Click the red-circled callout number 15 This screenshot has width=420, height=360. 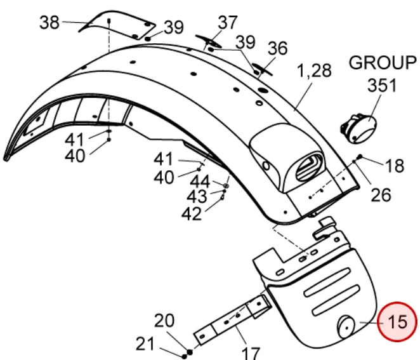(397, 322)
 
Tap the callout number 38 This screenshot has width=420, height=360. (49, 22)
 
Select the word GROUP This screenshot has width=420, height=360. (383, 63)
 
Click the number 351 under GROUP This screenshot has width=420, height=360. (382, 86)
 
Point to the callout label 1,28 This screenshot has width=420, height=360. (314, 70)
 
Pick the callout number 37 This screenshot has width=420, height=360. (228, 22)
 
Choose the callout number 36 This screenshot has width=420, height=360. (278, 48)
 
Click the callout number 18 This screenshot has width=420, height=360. (394, 166)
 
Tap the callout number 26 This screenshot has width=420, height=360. (381, 195)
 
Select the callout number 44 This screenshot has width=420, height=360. (200, 182)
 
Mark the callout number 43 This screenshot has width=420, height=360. (197, 197)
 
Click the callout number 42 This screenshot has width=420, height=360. (191, 214)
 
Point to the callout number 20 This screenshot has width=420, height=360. (164, 321)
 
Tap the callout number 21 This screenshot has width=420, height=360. (145, 344)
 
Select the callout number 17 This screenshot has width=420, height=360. (251, 353)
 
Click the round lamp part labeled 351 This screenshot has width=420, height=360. (359, 128)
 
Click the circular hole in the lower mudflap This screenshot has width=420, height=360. (346, 327)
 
